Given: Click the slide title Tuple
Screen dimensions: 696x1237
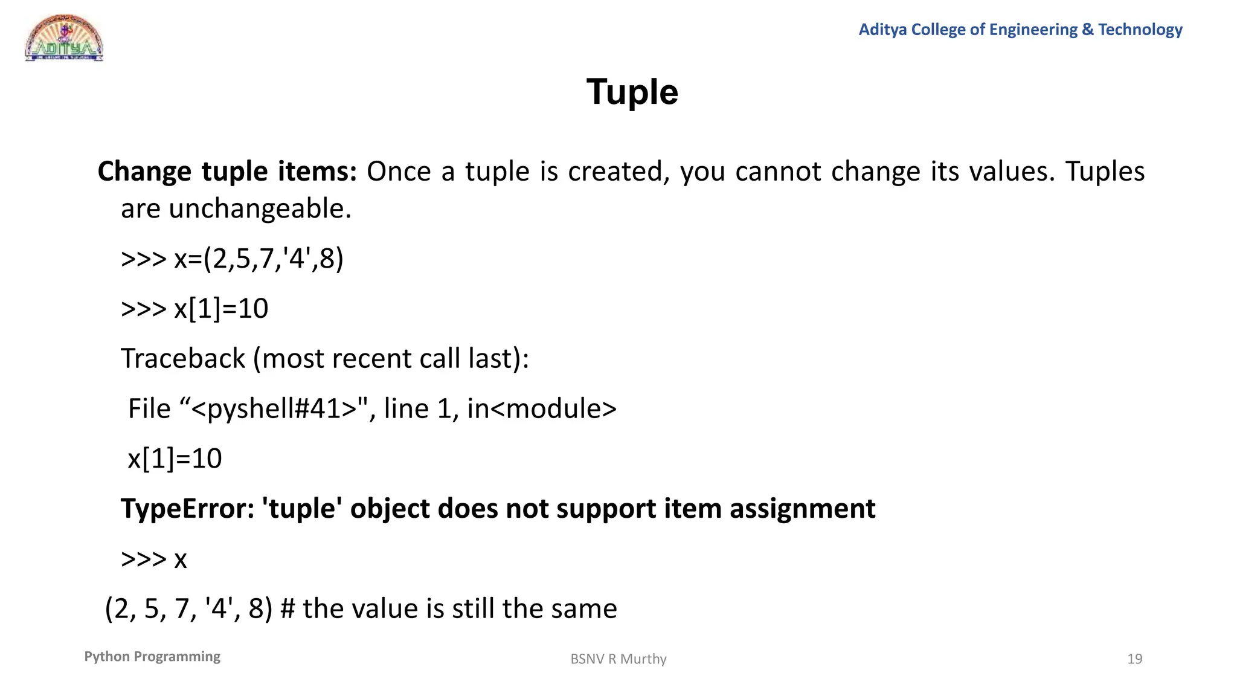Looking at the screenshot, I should [632, 92].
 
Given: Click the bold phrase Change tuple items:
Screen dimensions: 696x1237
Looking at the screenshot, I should [227, 172].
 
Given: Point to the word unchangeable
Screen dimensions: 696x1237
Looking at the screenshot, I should [260, 209].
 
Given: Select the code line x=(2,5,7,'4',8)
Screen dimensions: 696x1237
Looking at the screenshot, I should [259, 259].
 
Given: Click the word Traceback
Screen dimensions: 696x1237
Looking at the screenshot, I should [183, 359].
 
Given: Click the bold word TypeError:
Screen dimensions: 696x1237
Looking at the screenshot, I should [188, 509].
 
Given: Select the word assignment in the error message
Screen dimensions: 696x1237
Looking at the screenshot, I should [802, 509].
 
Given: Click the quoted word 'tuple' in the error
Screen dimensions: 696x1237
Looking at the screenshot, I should [302, 509].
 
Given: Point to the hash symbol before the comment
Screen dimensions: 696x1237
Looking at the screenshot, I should [288, 609].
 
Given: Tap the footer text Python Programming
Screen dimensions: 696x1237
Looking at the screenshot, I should [152, 657].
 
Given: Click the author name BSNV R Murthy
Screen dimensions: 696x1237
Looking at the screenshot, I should [618, 659].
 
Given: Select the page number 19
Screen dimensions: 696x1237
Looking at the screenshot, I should [1134, 659].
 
